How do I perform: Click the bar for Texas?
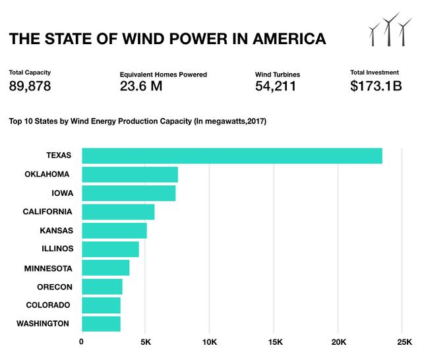click(231, 156)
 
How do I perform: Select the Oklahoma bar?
click(129, 174)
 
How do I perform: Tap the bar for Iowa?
click(128, 193)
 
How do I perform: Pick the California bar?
click(117, 212)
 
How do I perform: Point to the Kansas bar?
click(113, 231)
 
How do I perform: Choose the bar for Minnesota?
click(105, 268)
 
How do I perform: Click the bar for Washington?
click(100, 324)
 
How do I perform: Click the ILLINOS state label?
click(58, 249)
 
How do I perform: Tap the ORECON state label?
click(55, 287)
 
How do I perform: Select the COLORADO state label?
click(48, 305)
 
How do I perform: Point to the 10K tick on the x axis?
click(209, 342)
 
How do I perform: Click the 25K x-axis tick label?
click(403, 342)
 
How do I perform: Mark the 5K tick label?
click(146, 342)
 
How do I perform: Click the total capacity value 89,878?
click(30, 86)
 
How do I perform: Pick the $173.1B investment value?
click(376, 86)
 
